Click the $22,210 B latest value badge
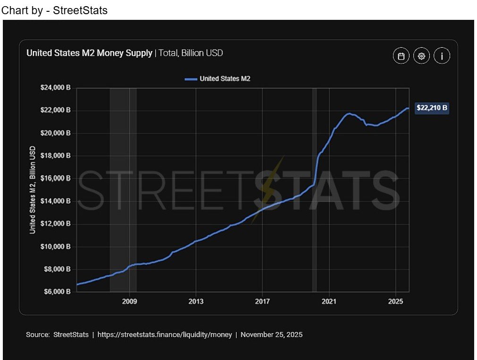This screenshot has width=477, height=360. pyautogui.click(x=432, y=108)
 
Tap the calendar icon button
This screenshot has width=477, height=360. pyautogui.click(x=401, y=56)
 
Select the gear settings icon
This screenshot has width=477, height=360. pyautogui.click(x=421, y=56)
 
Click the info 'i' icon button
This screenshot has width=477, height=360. pyautogui.click(x=442, y=56)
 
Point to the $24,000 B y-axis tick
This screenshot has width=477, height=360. pyautogui.click(x=55, y=88)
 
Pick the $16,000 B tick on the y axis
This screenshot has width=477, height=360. pyautogui.click(x=55, y=179)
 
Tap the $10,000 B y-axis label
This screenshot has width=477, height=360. pyautogui.click(x=55, y=247)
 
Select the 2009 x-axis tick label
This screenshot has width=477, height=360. pyautogui.click(x=129, y=301)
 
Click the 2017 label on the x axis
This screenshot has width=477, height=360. pyautogui.click(x=262, y=301)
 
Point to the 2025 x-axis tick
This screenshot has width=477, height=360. pyautogui.click(x=395, y=301)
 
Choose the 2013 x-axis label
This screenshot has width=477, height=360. pyautogui.click(x=196, y=301)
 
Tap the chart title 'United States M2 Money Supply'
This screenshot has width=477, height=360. pyautogui.click(x=89, y=53)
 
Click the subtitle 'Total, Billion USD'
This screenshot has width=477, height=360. pyautogui.click(x=191, y=53)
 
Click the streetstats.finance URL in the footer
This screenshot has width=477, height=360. pyautogui.click(x=165, y=334)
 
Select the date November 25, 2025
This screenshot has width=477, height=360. pyautogui.click(x=272, y=334)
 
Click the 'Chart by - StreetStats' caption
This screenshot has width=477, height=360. pyautogui.click(x=55, y=10)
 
